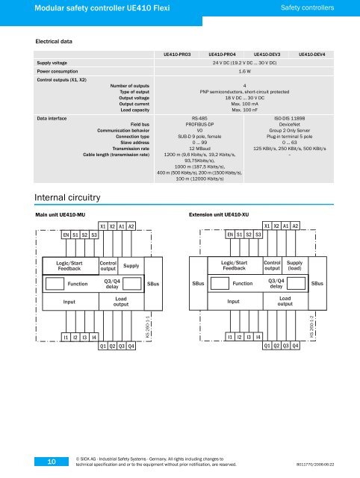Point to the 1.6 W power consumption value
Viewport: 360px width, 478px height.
245,72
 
